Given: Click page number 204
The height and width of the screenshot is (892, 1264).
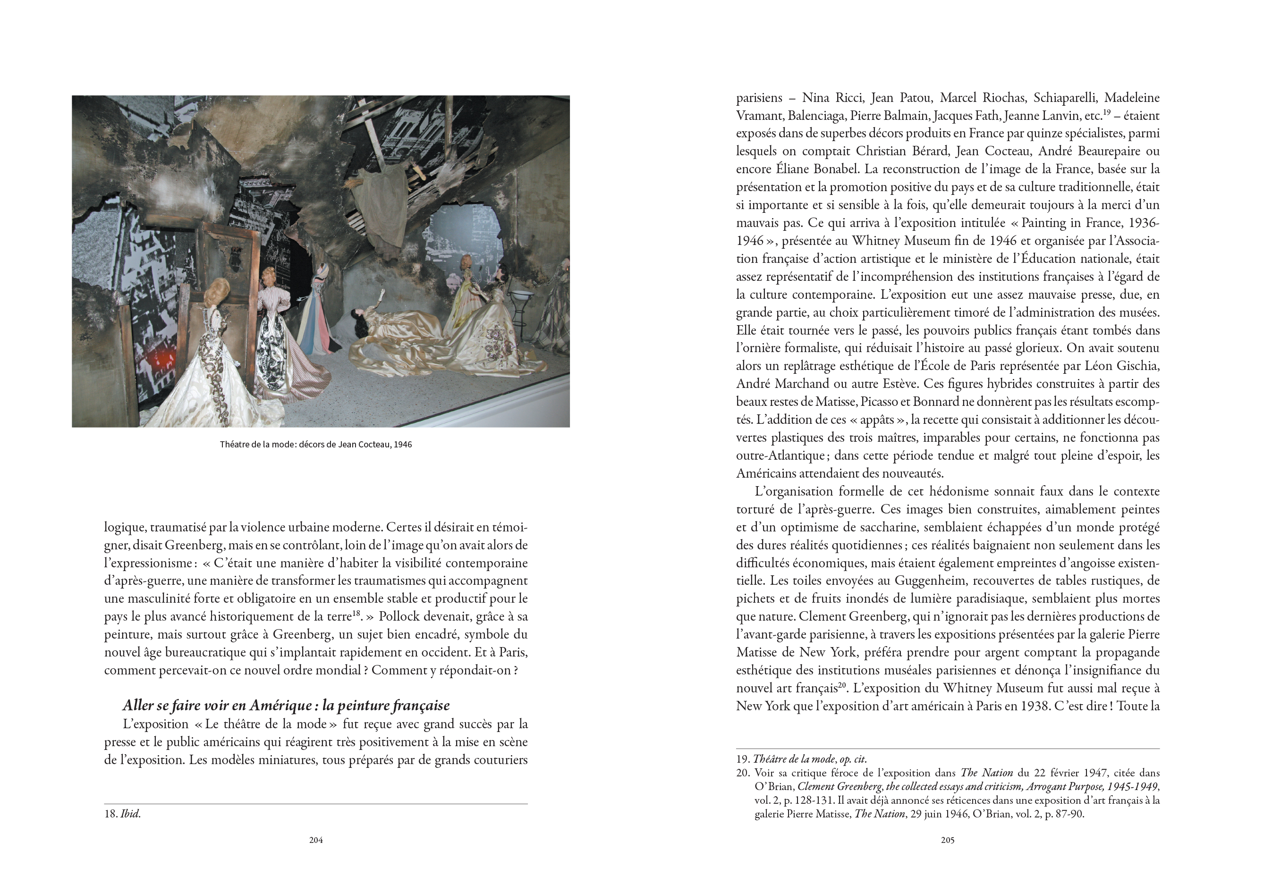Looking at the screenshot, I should click(315, 840).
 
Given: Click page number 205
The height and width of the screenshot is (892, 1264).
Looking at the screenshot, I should click(948, 840).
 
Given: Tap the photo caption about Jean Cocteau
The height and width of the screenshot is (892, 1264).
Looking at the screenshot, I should click(315, 445).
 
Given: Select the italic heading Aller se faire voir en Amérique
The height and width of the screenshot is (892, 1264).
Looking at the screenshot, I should click(286, 706).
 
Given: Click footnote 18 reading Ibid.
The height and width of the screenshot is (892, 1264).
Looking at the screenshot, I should click(122, 814).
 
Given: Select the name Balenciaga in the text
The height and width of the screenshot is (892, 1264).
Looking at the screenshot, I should click(816, 116).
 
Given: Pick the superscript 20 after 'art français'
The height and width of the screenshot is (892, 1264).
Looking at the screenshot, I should click(842, 686).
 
